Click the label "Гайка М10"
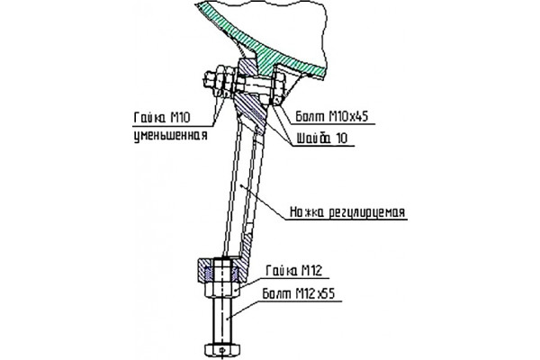[x=162, y=118]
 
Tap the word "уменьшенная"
[x=171, y=135]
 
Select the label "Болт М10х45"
[x=332, y=117]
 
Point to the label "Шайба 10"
[x=322, y=138]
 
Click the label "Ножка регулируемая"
[x=347, y=211]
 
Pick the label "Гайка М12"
[x=294, y=270]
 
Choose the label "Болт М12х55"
[x=299, y=294]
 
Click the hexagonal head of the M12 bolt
[x=222, y=350]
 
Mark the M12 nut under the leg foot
[x=222, y=289]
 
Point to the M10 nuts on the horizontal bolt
[x=226, y=82]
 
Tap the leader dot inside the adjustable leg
[x=242, y=185]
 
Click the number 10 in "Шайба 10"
[x=342, y=138]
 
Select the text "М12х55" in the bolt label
[x=315, y=294]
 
